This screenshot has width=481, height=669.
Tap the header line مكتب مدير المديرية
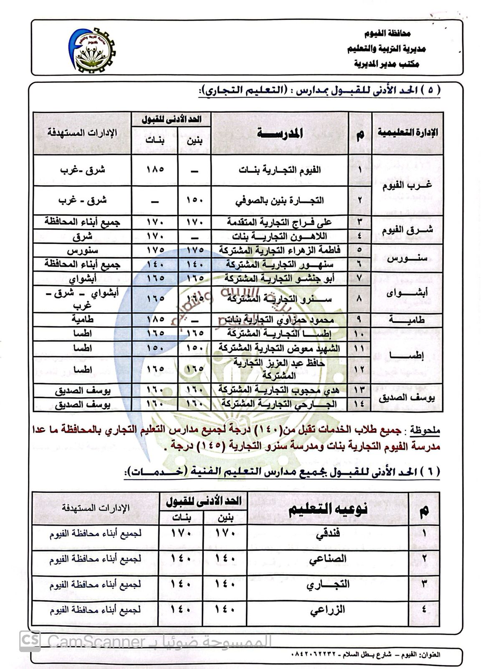coord(387,64)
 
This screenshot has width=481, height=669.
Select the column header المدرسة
coord(280,133)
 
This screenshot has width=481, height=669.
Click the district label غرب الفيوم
coord(408,185)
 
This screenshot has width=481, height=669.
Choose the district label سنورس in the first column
coord(408,258)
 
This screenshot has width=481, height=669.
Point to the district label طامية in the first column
coord(408,320)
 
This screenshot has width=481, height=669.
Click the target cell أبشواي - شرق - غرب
coord(82,299)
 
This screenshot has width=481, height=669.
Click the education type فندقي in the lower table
coord(329,534)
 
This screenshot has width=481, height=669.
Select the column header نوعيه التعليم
coord(328,509)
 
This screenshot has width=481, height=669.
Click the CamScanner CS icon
coord(30,641)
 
